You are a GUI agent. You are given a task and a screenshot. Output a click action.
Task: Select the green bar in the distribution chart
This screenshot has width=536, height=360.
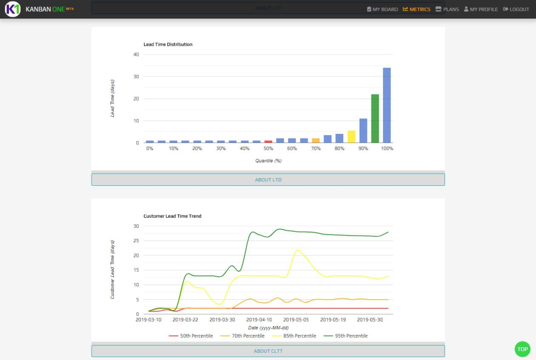pos(375,118)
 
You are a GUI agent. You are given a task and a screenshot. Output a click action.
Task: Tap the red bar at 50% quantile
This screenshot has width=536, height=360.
pos(268,141)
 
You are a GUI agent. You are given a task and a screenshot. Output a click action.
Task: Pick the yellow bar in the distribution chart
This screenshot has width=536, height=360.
pos(351,137)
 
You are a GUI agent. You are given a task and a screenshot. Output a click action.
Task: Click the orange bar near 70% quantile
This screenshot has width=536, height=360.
pos(315,140)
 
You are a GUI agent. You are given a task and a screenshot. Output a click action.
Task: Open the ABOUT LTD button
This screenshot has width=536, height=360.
pos(268,180)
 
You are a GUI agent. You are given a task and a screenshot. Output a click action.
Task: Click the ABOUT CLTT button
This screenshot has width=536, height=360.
pos(268,351)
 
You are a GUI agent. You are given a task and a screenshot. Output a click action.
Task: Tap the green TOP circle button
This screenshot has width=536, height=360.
pos(522,349)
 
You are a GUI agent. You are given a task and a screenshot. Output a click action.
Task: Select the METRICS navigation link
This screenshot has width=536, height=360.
pos(417,9)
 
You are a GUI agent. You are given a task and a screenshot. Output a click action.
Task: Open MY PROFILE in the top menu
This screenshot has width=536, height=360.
pos(481,9)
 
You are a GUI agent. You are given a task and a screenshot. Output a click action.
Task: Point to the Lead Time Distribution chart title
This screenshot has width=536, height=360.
pos(168,44)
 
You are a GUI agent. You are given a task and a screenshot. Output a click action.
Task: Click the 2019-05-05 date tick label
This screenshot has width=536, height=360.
pos(296,320)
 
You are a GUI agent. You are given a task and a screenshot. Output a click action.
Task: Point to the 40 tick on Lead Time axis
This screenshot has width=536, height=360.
pos(136,54)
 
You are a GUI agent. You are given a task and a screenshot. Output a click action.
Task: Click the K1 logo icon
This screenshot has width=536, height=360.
pos(13,9)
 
